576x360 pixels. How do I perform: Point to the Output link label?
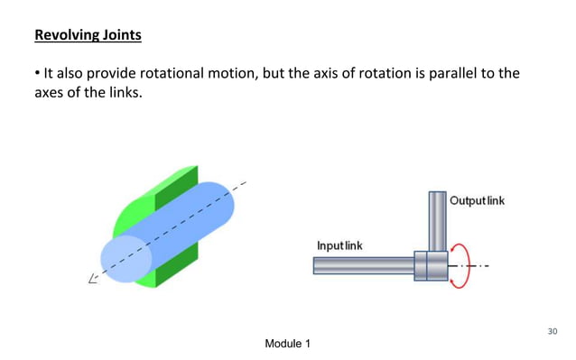tap(477, 200)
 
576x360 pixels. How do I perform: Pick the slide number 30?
tap(553, 331)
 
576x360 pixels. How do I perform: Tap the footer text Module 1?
tap(288, 345)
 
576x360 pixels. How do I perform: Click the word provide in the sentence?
tap(96, 74)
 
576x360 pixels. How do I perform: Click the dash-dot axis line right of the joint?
tap(478, 266)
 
